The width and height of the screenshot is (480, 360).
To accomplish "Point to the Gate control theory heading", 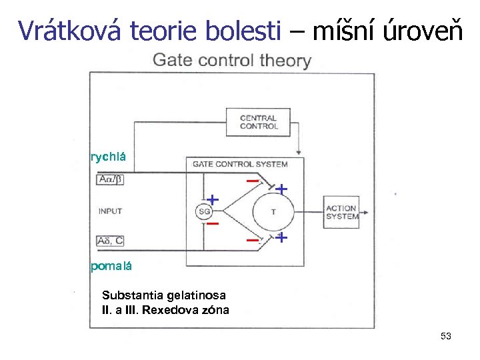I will click(x=231, y=61).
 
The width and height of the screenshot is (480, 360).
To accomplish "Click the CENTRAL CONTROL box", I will click(x=259, y=122).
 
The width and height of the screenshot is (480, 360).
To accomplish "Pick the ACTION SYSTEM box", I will click(x=341, y=213).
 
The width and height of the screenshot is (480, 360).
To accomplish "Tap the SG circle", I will click(x=204, y=212).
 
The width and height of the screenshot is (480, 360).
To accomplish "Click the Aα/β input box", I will click(x=111, y=179).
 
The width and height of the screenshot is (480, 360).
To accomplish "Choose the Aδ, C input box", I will click(x=111, y=241).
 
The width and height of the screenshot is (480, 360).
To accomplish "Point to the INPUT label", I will click(x=110, y=211).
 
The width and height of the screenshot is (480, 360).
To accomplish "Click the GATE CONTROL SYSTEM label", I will click(x=239, y=164).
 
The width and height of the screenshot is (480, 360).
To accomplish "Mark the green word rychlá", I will click(x=107, y=157).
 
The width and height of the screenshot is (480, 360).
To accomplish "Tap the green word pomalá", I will click(x=111, y=267).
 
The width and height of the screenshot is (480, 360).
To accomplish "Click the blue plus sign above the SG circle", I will click(x=213, y=199).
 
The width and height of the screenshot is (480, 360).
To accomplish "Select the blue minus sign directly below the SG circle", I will click(x=213, y=224).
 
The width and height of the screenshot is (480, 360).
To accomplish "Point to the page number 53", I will click(x=446, y=337).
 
